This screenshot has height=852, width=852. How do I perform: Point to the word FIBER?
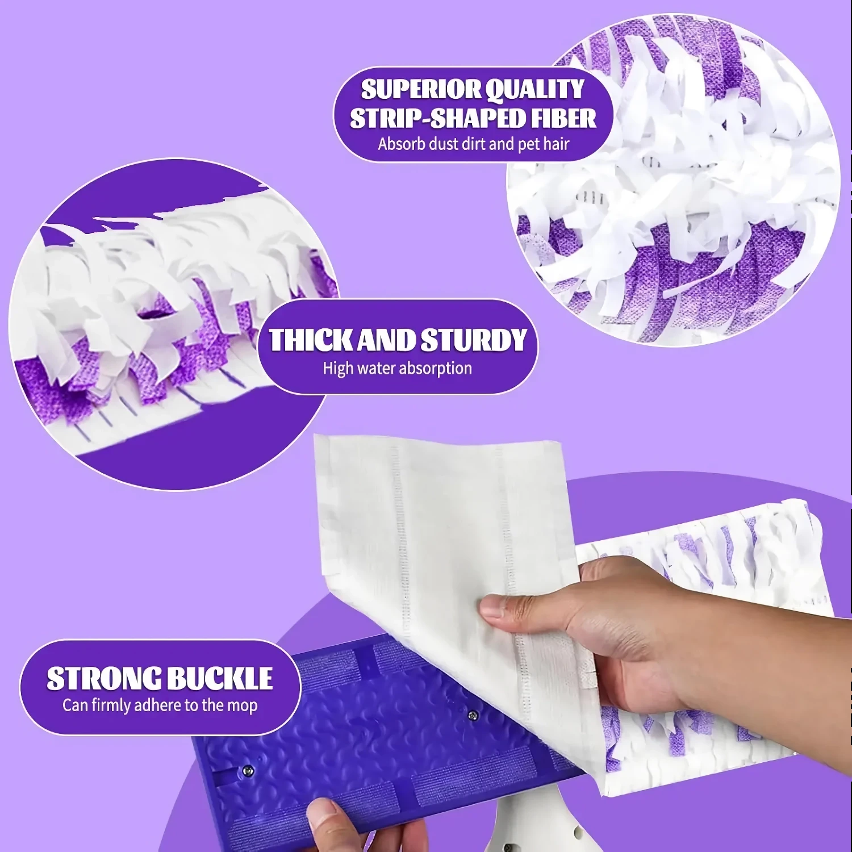564,118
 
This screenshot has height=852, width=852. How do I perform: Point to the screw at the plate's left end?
247,770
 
